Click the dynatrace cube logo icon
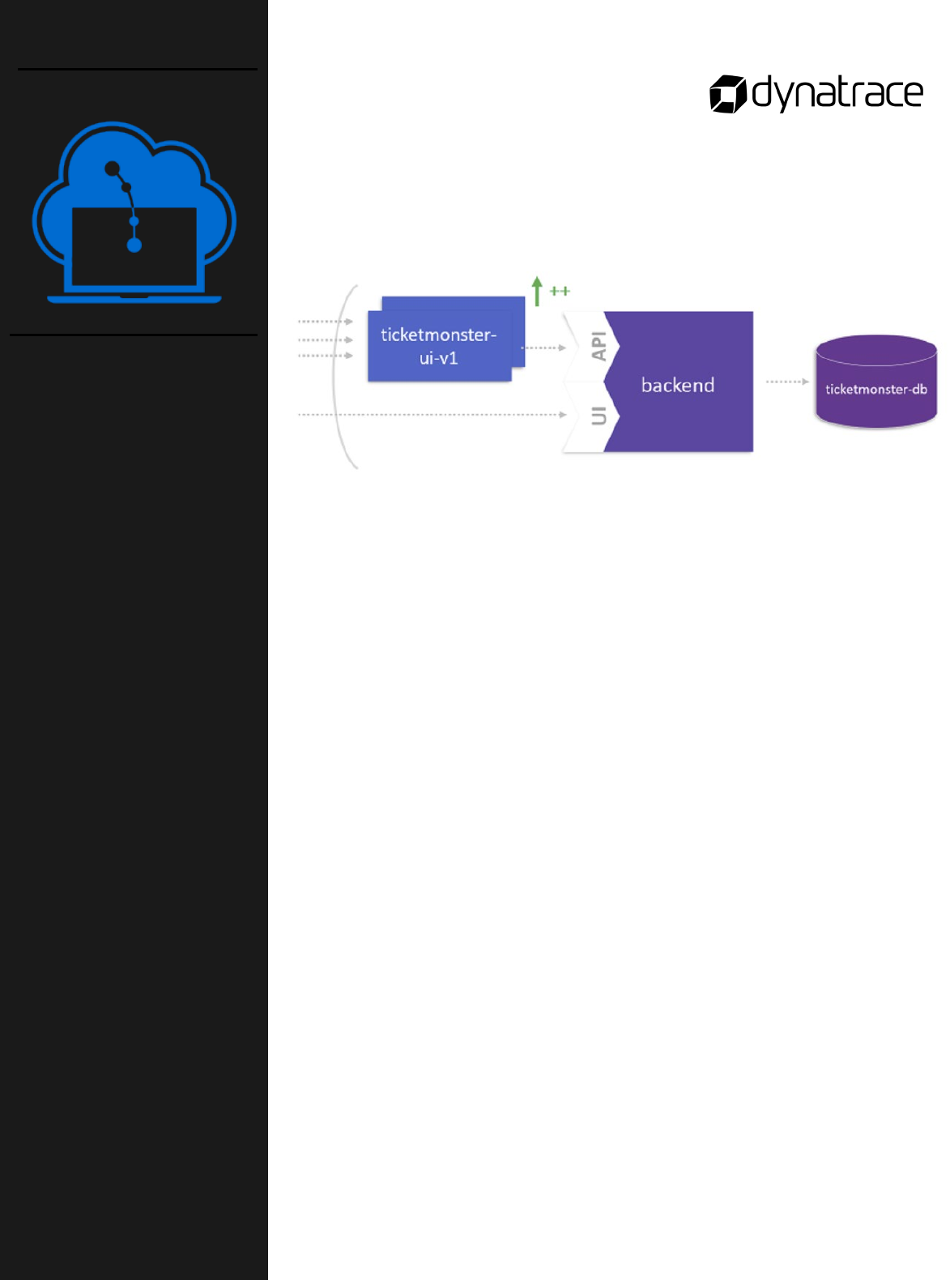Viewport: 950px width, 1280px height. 727,94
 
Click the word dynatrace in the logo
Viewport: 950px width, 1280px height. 837,93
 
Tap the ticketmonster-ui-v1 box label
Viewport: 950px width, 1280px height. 438,346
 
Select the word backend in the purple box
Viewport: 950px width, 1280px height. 678,385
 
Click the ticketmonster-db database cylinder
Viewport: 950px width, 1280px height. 875,382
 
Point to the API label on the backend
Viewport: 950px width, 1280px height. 599,346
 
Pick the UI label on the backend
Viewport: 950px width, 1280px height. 599,416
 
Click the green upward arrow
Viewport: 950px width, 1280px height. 537,291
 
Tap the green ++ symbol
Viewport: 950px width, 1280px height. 560,291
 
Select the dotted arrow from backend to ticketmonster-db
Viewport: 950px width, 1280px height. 787,382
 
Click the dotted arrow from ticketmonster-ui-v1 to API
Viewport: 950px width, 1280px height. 543,348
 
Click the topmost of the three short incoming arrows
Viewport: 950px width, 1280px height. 325,322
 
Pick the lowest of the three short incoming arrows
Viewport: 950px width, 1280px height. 325,356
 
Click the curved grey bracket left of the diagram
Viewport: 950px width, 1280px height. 339,377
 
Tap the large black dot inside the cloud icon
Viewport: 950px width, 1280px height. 113,169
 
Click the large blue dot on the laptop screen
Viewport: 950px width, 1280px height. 134,245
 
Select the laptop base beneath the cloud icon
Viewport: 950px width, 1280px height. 134,299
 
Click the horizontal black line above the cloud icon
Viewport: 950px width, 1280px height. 138,70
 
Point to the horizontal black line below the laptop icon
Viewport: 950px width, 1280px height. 134,335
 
